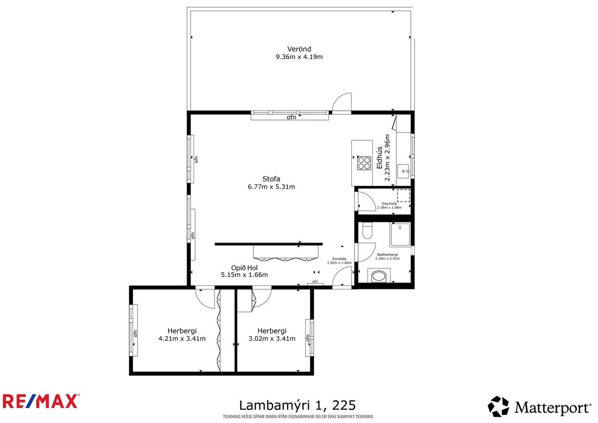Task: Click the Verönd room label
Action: tap(299, 49)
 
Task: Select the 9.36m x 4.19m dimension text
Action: tap(299, 57)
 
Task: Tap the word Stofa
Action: tap(271, 179)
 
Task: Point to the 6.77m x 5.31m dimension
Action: tap(271, 186)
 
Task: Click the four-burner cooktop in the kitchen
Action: tap(363, 162)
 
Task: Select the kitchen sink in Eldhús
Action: tap(404, 170)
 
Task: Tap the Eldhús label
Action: tap(380, 158)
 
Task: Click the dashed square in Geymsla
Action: tap(403, 196)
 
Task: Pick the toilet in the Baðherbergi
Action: tap(367, 231)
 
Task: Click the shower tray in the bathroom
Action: tap(400, 235)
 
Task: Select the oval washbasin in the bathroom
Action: tap(378, 277)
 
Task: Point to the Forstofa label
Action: tap(339, 259)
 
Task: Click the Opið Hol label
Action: tap(244, 267)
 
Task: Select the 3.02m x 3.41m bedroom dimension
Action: tap(271, 339)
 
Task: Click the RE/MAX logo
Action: tap(40, 401)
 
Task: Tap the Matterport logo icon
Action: tap(498, 406)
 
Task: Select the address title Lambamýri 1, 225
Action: tap(297, 405)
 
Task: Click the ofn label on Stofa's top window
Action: tap(291, 117)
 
